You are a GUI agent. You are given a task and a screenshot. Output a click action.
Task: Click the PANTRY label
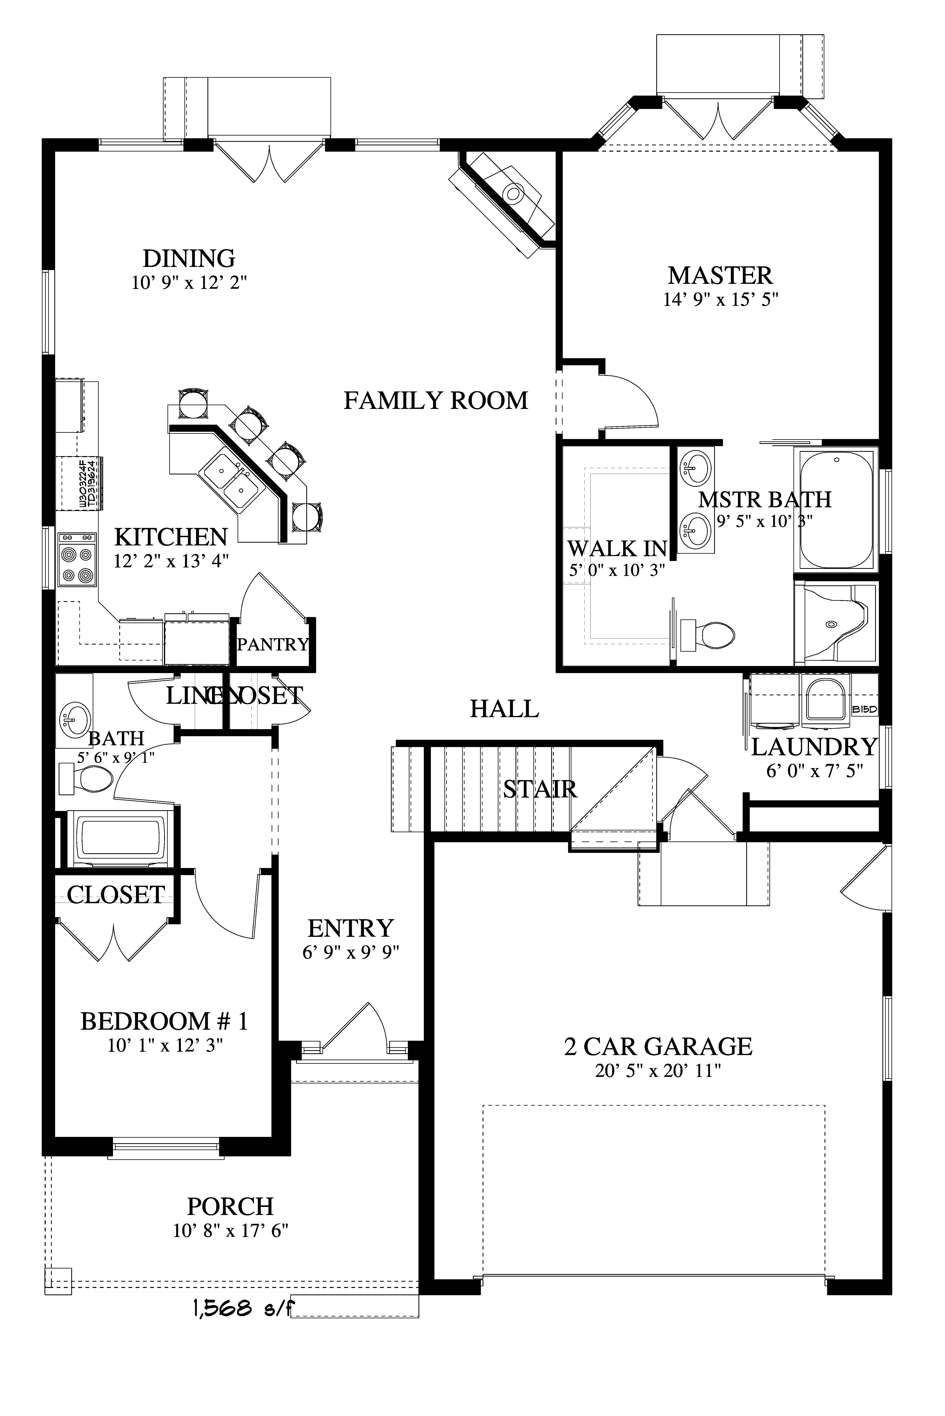(x=272, y=644)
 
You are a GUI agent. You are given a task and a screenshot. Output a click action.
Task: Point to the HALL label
(x=504, y=709)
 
